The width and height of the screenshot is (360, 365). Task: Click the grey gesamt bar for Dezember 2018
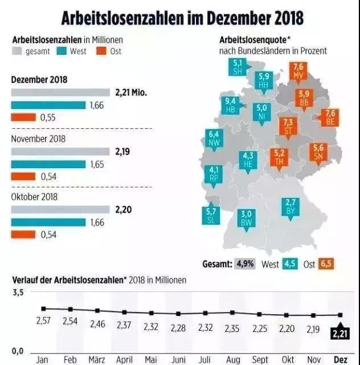(60, 92)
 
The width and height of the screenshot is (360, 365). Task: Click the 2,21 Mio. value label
(130, 92)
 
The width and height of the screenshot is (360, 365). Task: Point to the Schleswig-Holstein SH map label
(238, 66)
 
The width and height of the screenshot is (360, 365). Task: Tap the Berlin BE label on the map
(330, 117)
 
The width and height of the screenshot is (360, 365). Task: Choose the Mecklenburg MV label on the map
(298, 71)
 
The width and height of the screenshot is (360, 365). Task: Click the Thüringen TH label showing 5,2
(279, 157)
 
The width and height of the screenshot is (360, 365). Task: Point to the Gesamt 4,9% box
(246, 264)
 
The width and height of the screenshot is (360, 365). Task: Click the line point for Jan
(43, 309)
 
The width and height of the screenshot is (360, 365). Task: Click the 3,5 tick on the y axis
(19, 293)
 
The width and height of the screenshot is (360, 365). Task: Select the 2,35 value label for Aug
(232, 327)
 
